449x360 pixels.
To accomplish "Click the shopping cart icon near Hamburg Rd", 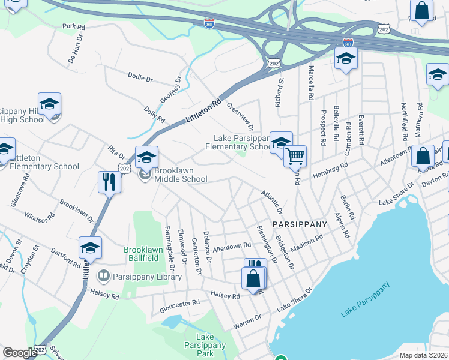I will pos(295,157).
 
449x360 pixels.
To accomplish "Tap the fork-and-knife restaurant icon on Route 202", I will pos(109,181).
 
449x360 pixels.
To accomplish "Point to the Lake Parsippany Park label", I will pos(211,345).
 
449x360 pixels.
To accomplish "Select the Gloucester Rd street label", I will pos(179,304).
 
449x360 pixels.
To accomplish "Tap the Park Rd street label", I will pos(74,26).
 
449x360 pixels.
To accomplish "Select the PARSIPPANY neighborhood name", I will pos(300,224).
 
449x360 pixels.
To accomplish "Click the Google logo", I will pos(20,353).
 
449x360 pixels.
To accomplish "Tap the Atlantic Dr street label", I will pos(271,203).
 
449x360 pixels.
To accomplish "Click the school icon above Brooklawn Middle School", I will pos(146,158).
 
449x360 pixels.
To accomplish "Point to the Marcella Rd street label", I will pos(311,83).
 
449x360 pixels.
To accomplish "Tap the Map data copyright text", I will pos(423,355).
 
